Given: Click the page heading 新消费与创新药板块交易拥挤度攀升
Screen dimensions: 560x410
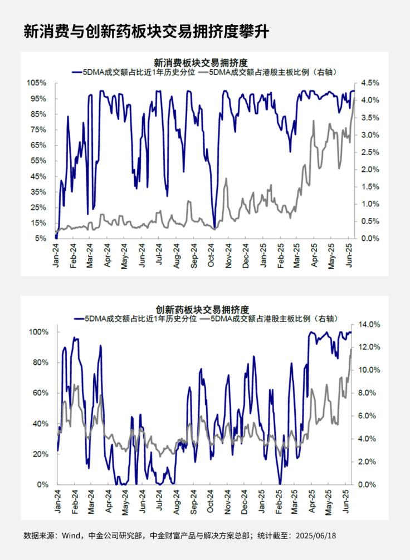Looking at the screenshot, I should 147,31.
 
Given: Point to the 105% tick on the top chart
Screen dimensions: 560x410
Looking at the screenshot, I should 37,83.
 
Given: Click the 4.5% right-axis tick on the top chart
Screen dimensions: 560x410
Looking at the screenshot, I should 370,83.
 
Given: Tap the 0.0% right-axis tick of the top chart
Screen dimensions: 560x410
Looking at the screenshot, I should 370,239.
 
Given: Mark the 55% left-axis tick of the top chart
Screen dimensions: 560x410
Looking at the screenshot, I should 38,161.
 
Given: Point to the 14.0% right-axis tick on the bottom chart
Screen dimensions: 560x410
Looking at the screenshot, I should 370,324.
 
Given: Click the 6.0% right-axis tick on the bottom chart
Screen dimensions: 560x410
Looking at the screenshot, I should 368,416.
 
